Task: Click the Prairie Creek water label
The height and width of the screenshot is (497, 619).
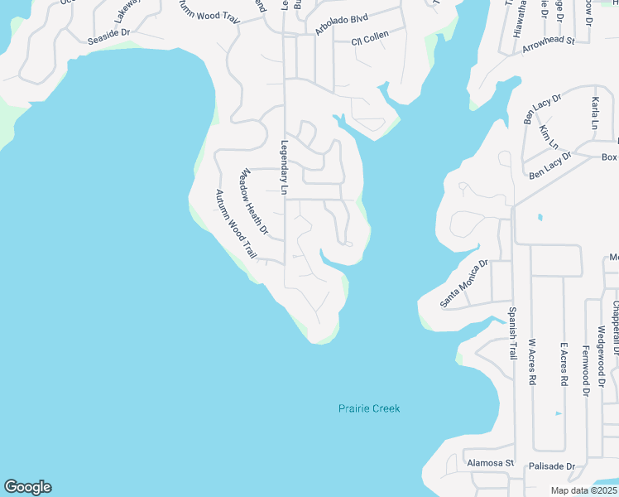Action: point(369,408)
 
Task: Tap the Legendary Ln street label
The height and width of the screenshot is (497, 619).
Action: point(284,167)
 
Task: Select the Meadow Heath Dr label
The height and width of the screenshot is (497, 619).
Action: point(254,202)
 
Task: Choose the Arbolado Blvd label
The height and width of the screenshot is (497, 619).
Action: point(341,24)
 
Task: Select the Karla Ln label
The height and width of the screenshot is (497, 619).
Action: point(594,113)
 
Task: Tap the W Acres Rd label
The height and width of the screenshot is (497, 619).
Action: point(532,362)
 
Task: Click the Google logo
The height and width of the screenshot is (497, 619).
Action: point(27,487)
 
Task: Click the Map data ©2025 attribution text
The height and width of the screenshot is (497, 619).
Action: point(584,490)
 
